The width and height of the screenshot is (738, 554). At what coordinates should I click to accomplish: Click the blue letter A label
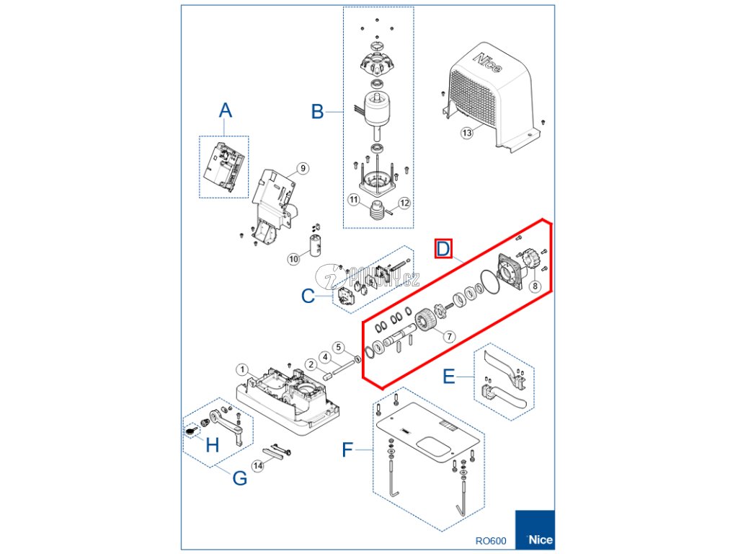tap(226, 110)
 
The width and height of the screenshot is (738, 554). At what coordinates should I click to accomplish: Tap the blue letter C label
tap(308, 296)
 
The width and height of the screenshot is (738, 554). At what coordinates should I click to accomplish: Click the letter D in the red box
tap(443, 250)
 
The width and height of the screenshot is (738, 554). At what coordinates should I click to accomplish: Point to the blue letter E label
tap(448, 377)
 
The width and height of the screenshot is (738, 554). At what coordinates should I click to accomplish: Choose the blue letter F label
tap(347, 451)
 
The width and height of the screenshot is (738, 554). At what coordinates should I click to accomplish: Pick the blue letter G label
tap(239, 478)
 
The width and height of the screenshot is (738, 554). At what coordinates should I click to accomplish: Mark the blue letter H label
tap(212, 445)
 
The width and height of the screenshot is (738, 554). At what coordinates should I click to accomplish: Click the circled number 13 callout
tap(467, 133)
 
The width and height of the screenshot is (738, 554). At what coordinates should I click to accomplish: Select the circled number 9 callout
tap(303, 168)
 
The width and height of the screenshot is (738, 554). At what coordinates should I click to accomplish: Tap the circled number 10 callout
tap(293, 259)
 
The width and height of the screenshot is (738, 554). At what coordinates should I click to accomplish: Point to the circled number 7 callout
tap(448, 336)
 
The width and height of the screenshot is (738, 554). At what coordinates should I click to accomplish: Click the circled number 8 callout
tap(535, 286)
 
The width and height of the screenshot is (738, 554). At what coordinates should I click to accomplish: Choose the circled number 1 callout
tap(243, 370)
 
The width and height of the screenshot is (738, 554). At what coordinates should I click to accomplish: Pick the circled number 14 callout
tap(258, 466)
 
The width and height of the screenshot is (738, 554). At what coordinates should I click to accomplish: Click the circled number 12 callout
tap(404, 203)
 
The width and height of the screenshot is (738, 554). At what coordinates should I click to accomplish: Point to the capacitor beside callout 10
tap(315, 245)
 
